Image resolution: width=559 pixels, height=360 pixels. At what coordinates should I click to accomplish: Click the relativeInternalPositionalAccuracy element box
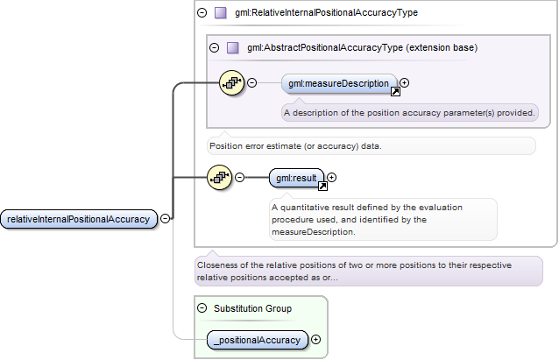click(x=79, y=219)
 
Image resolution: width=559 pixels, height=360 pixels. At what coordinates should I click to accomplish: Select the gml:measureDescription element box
click(x=339, y=83)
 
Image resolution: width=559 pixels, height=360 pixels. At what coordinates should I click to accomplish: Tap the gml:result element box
click(x=296, y=178)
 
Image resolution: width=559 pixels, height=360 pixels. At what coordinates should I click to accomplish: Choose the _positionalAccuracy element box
click(x=257, y=340)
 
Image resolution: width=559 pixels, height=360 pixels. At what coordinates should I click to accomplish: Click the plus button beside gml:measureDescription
click(x=404, y=82)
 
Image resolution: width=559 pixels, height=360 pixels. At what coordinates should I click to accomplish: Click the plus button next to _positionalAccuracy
click(x=316, y=339)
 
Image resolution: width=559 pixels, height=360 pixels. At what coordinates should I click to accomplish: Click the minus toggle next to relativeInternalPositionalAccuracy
click(x=165, y=218)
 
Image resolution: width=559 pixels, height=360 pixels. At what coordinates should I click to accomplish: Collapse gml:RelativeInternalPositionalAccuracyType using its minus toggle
click(x=202, y=13)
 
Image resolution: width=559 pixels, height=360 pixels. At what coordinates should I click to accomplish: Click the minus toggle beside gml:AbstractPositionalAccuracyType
click(x=215, y=47)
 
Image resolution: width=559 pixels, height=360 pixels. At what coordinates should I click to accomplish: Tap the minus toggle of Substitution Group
click(x=202, y=308)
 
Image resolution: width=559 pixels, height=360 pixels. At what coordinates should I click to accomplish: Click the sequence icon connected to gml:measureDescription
click(x=231, y=83)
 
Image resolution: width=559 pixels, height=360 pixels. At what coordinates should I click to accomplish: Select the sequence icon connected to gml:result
click(x=219, y=177)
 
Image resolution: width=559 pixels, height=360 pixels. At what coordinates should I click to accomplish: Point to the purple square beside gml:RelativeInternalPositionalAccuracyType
click(x=221, y=13)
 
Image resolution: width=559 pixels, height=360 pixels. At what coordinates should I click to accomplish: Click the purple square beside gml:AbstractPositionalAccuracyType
click(x=233, y=47)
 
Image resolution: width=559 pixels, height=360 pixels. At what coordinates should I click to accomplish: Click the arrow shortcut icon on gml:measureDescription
click(x=395, y=92)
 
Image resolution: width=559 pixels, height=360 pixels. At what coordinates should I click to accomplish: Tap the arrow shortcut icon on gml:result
click(x=322, y=186)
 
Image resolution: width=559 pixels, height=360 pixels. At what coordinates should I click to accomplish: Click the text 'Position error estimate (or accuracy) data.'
click(x=295, y=146)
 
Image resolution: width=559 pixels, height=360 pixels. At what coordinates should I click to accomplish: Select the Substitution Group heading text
click(x=252, y=308)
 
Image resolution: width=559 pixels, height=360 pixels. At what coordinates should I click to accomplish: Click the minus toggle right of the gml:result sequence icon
click(x=240, y=177)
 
